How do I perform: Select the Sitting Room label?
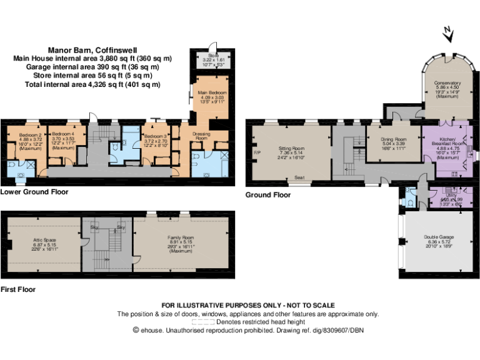pos(290,148)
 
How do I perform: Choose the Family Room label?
pos(181,237)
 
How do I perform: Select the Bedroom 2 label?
pos(30,135)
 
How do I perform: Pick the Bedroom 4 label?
pos(64,135)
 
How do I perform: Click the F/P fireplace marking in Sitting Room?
pos(256,152)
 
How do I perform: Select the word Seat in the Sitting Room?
pos(300,177)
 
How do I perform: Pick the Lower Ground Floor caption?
pos(34,192)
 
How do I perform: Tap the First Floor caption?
pos(18,289)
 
